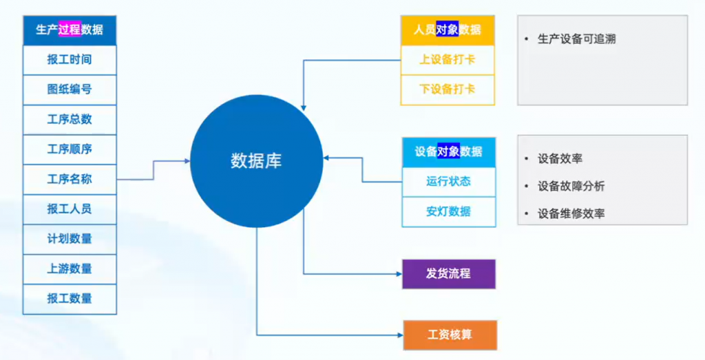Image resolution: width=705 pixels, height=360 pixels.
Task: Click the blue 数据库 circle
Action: (256, 161)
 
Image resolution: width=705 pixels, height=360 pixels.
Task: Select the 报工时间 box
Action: (70, 60)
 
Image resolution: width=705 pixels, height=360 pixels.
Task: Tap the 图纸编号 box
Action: (70, 89)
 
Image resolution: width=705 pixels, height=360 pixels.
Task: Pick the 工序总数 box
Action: (70, 119)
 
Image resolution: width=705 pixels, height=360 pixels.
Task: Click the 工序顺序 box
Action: (70, 149)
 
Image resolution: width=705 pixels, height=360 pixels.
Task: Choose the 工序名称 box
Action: (70, 179)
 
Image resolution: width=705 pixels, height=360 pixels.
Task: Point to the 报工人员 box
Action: (70, 209)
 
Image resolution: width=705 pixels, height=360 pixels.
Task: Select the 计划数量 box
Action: (70, 239)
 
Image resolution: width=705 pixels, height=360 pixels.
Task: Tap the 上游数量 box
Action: (70, 268)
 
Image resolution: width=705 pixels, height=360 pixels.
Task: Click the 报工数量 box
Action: (70, 299)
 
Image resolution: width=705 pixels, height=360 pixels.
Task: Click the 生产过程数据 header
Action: (70, 30)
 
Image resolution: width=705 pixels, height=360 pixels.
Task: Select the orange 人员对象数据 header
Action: (448, 30)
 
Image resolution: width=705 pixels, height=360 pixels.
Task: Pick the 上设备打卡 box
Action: (448, 60)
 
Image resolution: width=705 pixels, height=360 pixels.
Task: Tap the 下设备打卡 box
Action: (448, 89)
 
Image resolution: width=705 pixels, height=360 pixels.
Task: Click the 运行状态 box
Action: (448, 182)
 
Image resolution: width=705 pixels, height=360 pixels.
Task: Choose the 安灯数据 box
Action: (448, 211)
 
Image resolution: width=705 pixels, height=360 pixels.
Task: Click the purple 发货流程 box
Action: (448, 273)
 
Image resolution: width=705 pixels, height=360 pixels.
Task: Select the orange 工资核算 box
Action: (448, 335)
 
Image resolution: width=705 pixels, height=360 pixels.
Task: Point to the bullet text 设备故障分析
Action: (571, 186)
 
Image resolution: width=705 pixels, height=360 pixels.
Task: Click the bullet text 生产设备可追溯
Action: (576, 39)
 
